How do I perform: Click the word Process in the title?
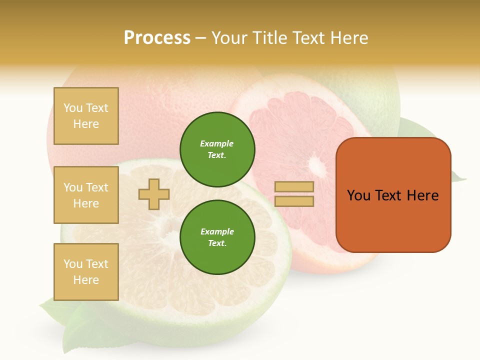tap(157, 38)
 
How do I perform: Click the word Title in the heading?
tap(269, 38)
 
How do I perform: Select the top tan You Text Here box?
tap(86, 116)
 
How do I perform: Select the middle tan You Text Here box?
tap(86, 195)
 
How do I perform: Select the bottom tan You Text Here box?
tap(86, 271)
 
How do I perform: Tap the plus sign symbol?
tap(154, 194)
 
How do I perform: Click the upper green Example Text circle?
tap(217, 149)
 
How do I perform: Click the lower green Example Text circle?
tap(217, 237)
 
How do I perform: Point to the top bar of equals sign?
tap(294, 186)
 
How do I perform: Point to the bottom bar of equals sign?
tap(294, 201)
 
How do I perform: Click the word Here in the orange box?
tap(422, 195)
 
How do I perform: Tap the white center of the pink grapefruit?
tap(316, 165)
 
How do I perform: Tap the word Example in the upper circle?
tap(216, 143)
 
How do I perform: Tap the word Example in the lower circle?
tap(217, 231)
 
